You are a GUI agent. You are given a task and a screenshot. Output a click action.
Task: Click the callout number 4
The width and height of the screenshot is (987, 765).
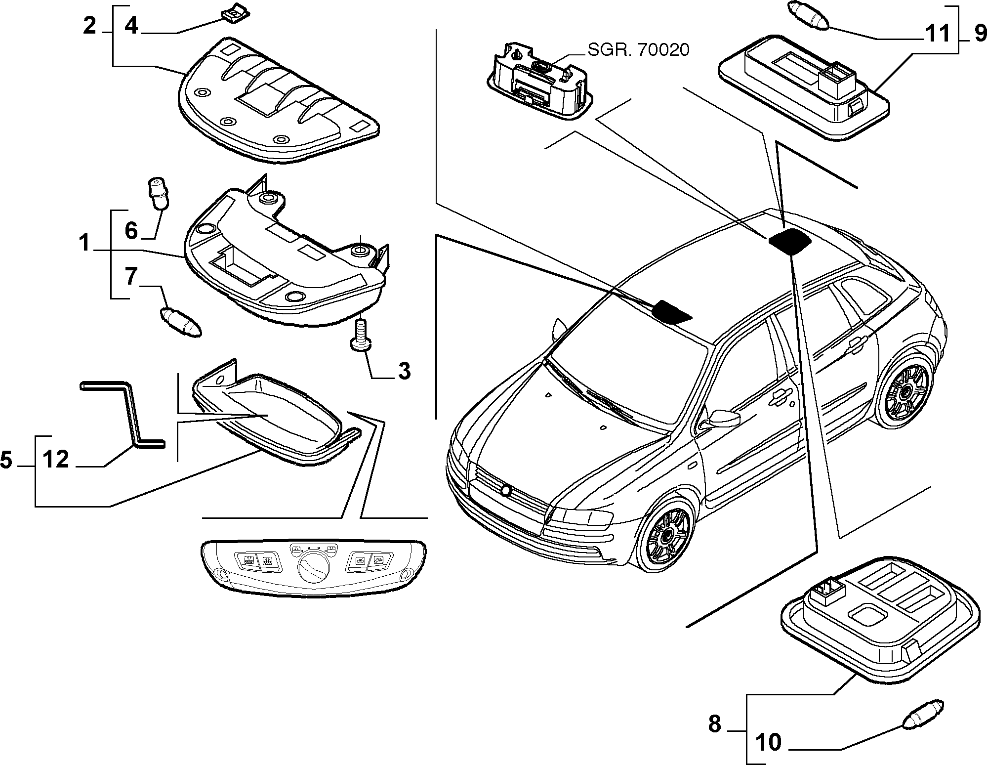tap(131, 25)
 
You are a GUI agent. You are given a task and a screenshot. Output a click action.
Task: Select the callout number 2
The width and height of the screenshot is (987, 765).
tap(89, 25)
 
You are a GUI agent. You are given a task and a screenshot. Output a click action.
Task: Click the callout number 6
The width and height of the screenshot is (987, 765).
tap(131, 231)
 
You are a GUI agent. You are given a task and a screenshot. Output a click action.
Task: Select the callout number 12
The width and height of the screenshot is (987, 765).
tap(55, 460)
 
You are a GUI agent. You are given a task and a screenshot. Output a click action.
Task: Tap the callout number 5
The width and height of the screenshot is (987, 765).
tap(7, 460)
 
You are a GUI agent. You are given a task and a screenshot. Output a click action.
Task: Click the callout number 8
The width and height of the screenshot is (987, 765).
tap(715, 724)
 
